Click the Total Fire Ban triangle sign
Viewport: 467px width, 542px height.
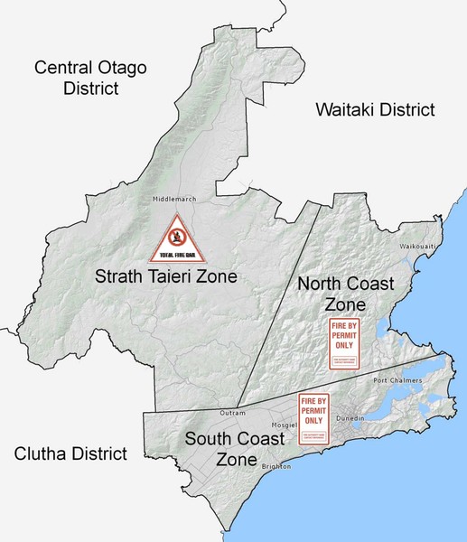pyautogui.click(x=178, y=239)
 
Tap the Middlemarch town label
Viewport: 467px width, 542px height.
pyautogui.click(x=174, y=199)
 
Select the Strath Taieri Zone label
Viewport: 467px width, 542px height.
pyautogui.click(x=165, y=277)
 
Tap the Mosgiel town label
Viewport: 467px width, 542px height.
pyautogui.click(x=286, y=425)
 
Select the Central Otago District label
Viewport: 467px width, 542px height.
pyautogui.click(x=89, y=77)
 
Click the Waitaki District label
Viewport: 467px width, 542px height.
pyautogui.click(x=374, y=109)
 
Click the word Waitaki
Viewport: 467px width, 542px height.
pyautogui.click(x=346, y=109)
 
